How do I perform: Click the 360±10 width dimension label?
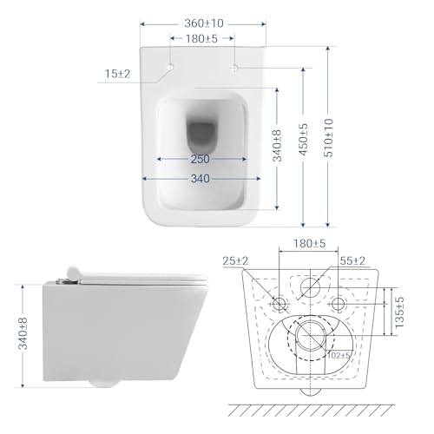pyautogui.click(x=204, y=23)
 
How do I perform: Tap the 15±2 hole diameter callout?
pyautogui.click(x=117, y=74)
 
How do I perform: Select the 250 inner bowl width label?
pyautogui.click(x=200, y=159)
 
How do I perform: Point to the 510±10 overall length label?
pyautogui.click(x=329, y=138)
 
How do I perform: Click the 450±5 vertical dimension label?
pyautogui.click(x=304, y=140)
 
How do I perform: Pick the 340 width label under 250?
pyautogui.click(x=201, y=179)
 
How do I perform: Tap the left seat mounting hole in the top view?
pyautogui.click(x=170, y=67)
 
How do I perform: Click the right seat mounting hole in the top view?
pyautogui.click(x=233, y=68)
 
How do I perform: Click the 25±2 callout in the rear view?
pyautogui.click(x=235, y=261)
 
